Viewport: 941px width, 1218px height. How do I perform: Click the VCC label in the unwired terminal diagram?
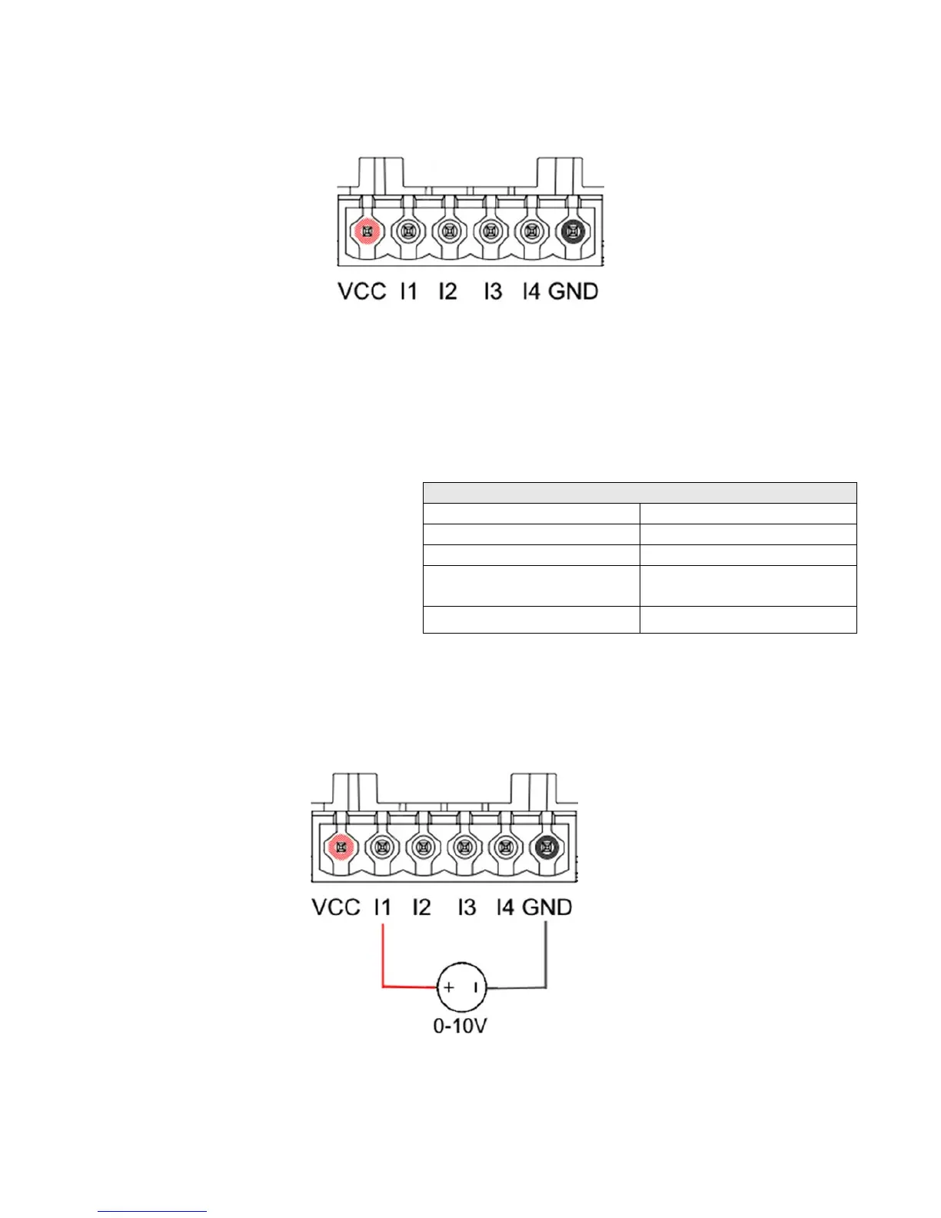click(362, 291)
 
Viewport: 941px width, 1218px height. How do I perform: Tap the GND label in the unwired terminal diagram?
click(574, 291)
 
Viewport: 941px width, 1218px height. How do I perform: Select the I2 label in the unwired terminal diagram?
click(447, 291)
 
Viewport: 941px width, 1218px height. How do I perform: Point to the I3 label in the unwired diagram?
click(493, 291)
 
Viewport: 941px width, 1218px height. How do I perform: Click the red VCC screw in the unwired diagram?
click(367, 230)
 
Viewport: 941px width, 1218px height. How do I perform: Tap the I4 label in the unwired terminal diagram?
click(531, 291)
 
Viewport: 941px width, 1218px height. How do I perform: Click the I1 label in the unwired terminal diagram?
click(408, 291)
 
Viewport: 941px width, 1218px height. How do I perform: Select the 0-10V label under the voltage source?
click(461, 1027)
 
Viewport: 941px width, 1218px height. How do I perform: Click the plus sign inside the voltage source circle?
click(449, 987)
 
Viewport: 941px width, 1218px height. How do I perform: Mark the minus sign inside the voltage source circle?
click(477, 987)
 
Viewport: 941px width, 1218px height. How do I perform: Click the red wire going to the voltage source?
click(384, 961)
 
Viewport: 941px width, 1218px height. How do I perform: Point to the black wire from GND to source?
click(545, 961)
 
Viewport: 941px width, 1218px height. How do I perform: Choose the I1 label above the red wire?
click(382, 907)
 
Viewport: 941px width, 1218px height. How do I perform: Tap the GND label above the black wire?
click(547, 907)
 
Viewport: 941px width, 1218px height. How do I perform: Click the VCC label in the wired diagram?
click(336, 907)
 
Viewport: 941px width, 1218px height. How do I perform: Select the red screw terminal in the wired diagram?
click(341, 847)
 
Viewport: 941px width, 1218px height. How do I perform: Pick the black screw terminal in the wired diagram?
click(546, 847)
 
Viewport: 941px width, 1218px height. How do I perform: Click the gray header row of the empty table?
click(640, 493)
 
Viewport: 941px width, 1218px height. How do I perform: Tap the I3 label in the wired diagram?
click(467, 907)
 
